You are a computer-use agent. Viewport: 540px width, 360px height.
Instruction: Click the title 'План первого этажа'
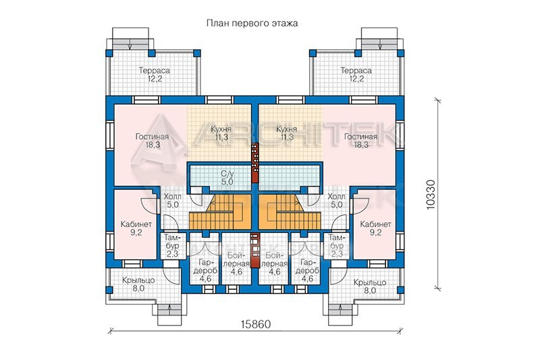coord(252,23)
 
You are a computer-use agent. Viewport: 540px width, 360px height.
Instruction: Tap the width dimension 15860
coord(256,324)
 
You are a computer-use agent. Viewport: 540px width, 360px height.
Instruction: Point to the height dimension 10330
coord(431,195)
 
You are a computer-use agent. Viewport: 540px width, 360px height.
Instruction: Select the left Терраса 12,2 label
coord(155,74)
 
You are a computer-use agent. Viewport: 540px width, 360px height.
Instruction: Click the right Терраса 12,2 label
coord(356,74)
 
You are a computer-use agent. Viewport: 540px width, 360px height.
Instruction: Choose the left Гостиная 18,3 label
coord(153,140)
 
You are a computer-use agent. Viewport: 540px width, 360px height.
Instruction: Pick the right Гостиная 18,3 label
coord(360,140)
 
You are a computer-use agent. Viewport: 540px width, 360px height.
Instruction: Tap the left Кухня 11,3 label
coord(221,133)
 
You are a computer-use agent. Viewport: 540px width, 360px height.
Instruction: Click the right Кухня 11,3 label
coord(286,133)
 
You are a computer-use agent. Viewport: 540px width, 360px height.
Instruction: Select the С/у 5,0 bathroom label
coord(227,178)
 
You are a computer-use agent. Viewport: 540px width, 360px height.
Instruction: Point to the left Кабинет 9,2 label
coord(136,228)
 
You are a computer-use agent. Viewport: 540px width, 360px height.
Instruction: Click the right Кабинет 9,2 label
coord(375,228)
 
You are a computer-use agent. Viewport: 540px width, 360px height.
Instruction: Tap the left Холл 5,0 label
coord(173,201)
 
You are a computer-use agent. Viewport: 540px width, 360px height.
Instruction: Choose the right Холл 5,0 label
coord(336,201)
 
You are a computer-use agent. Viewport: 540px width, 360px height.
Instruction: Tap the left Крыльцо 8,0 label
coord(138,284)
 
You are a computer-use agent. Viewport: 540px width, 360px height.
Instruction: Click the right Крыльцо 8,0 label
coord(369,286)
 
